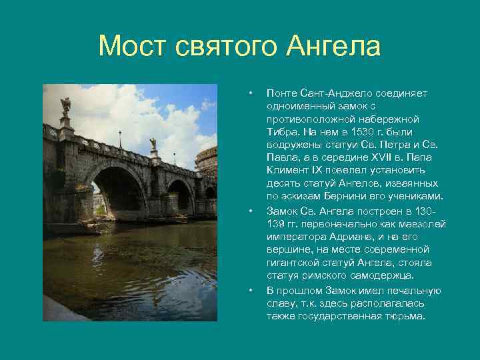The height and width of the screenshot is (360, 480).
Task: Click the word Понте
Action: click(x=281, y=93)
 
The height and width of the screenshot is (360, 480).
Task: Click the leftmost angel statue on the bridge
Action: click(x=65, y=105)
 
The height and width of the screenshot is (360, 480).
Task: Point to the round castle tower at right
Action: click(x=207, y=160)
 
